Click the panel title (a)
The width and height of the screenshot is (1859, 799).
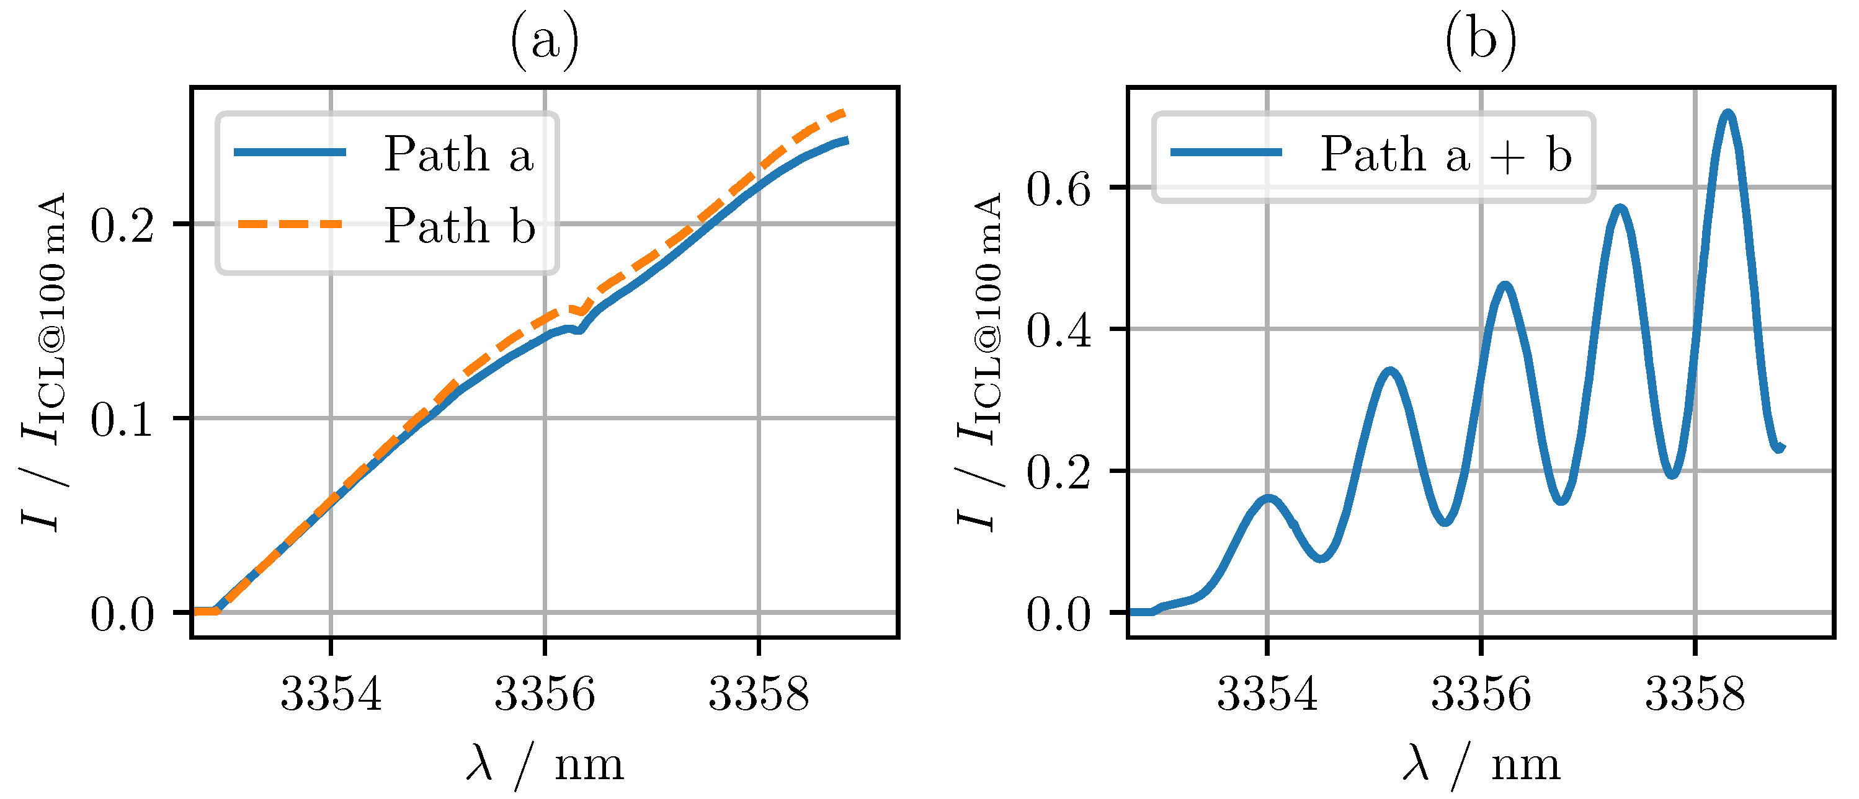544,40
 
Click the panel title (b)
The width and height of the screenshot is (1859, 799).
1480,40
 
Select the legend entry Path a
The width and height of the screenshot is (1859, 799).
458,154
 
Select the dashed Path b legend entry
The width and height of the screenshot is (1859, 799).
458,226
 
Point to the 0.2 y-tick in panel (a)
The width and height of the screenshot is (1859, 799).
122,225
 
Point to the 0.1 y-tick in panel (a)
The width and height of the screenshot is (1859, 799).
122,419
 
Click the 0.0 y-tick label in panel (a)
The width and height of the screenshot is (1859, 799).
122,614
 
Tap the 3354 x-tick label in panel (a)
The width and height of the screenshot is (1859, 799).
331,693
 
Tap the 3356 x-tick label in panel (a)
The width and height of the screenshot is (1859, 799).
544,693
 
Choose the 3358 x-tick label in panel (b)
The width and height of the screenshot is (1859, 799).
1695,693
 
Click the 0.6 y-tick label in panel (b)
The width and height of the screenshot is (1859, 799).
1058,189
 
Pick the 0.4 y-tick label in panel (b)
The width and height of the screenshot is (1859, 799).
1058,331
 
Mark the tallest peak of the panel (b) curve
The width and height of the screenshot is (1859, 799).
1727,114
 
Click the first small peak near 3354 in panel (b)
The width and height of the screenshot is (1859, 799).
1268,498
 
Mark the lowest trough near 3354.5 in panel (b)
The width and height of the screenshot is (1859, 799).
1321,557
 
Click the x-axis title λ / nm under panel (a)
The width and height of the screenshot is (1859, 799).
544,765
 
